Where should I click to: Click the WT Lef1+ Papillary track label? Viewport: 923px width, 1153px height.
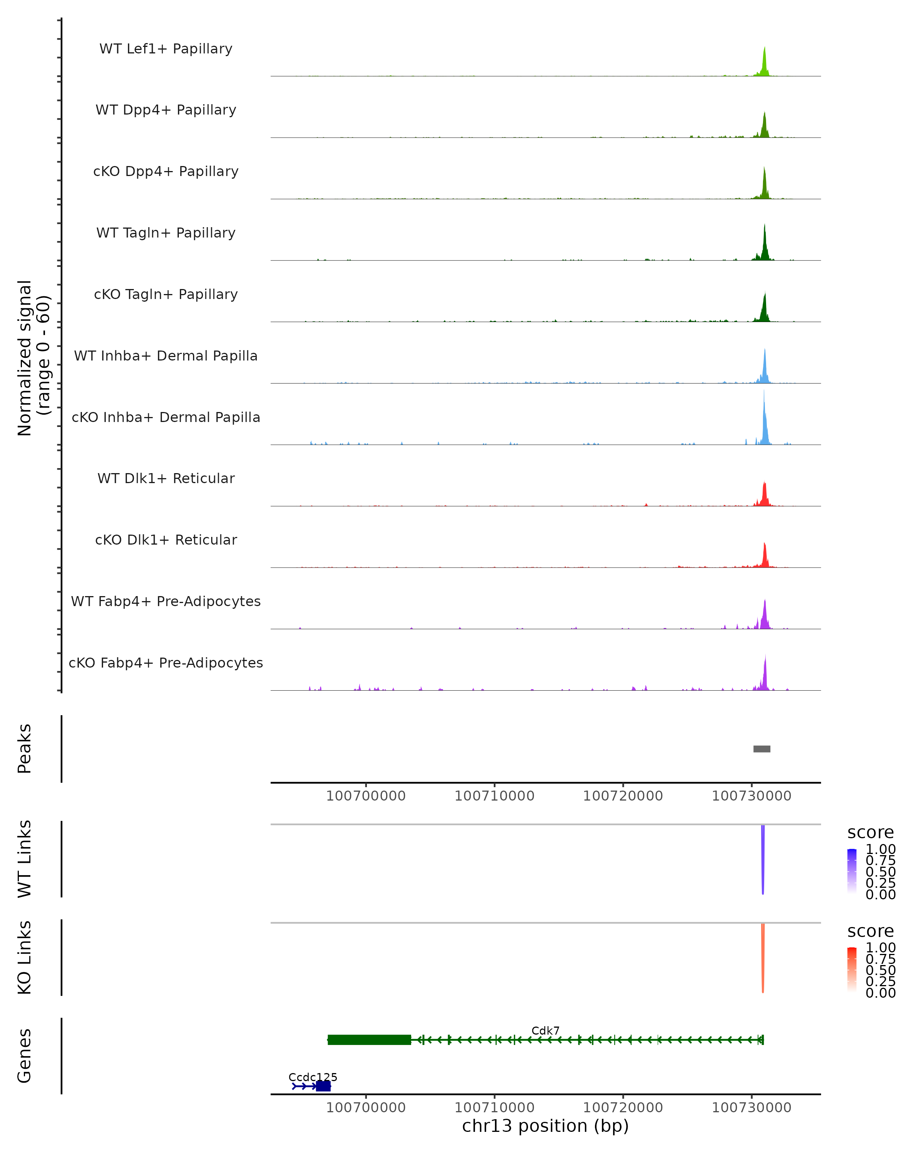coord(166,49)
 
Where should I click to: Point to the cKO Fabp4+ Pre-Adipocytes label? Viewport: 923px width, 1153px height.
coord(166,663)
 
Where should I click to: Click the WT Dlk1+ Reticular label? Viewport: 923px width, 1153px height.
coord(166,478)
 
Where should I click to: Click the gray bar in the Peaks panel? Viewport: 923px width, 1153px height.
coord(761,749)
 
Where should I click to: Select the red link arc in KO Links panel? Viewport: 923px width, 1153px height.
coord(763,957)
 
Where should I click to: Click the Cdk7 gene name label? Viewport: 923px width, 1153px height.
coord(545,1030)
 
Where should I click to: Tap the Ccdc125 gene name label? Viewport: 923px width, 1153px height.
coord(313,1077)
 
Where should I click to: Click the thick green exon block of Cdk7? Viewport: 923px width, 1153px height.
coord(369,1040)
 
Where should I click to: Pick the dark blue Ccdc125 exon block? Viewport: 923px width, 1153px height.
coord(323,1086)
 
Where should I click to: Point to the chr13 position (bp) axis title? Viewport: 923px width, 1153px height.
coord(545,1126)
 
